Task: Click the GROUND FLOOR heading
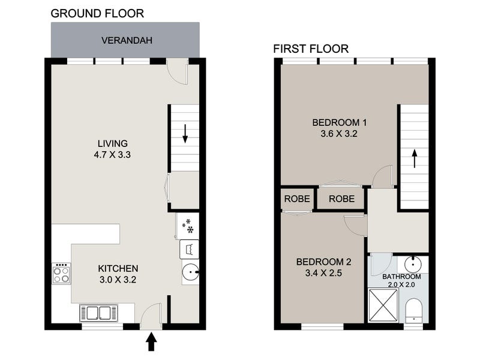tap(97, 13)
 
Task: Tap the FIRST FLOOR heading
tap(311, 49)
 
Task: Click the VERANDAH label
tap(127, 40)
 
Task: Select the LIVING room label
tap(113, 143)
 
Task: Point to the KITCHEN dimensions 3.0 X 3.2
tap(118, 280)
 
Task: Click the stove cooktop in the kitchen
tap(61, 274)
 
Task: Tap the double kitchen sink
tap(98, 313)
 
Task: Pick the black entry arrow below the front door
tap(151, 342)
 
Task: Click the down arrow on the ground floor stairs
tap(185, 134)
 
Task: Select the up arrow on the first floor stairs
tap(415, 158)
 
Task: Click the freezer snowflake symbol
tap(188, 226)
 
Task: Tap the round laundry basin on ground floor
tap(190, 272)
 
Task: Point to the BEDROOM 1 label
tap(339, 122)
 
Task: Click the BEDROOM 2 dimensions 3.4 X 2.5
tap(323, 273)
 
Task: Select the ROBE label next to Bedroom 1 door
tap(341, 199)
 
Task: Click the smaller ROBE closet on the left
tap(297, 199)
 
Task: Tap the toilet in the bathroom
tap(413, 310)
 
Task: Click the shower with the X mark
tap(383, 305)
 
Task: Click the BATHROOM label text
tap(401, 277)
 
